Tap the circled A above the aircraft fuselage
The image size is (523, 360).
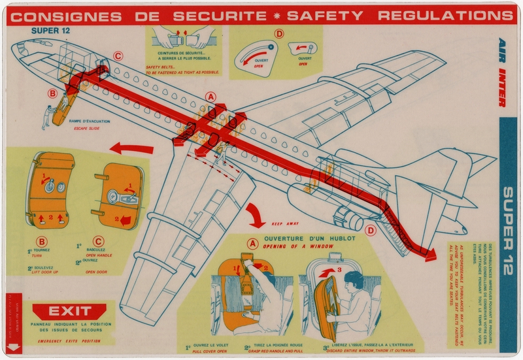click(211, 96)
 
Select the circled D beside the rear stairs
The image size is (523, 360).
click(371, 229)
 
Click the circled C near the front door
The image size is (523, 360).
click(118, 56)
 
